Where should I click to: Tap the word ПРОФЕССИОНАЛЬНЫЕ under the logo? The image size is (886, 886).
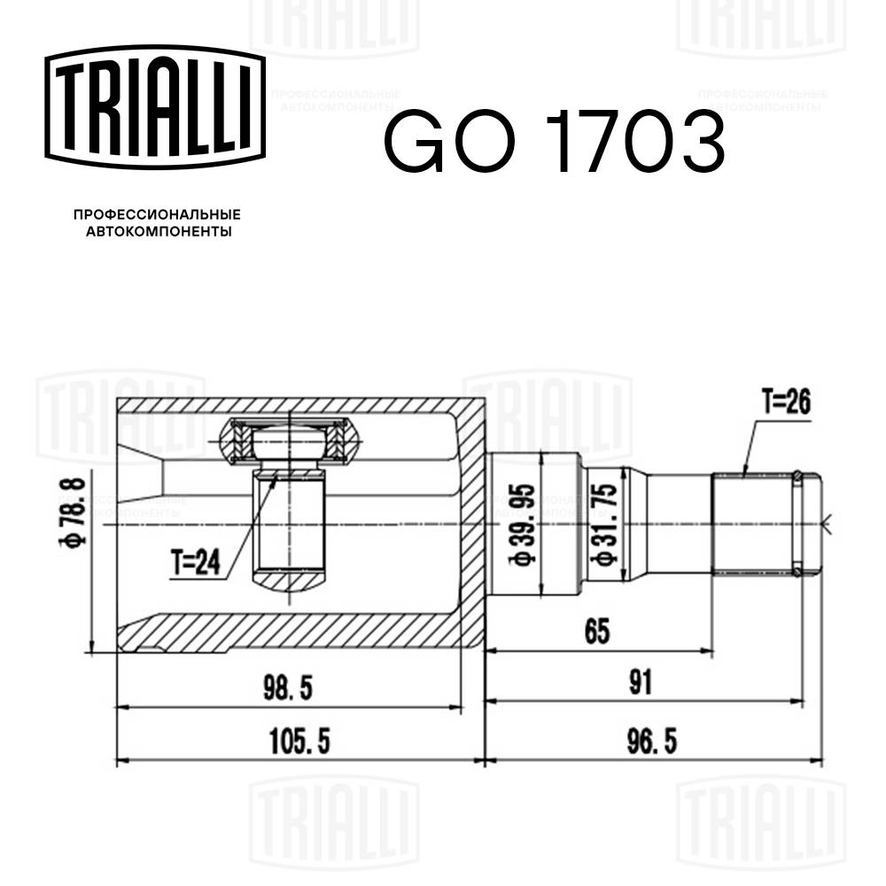click(157, 215)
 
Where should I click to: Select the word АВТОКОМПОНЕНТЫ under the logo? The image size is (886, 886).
click(157, 232)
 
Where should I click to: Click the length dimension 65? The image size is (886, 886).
click(598, 633)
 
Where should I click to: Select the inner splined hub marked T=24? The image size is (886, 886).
click(290, 523)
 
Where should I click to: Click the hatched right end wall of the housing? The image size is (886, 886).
click(471, 525)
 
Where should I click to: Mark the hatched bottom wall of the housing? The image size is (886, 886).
click(292, 633)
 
